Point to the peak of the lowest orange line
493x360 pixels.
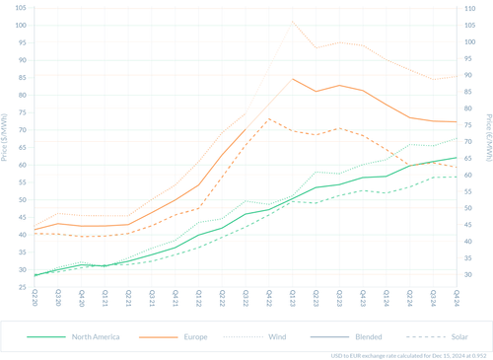pos(270,118)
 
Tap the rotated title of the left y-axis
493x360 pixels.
pos(6,148)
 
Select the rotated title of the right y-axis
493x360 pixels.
pos(486,148)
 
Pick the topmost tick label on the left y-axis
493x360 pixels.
pos(22,10)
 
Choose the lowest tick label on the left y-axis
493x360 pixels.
pos(22,285)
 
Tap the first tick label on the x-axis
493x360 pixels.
pos(35,296)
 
